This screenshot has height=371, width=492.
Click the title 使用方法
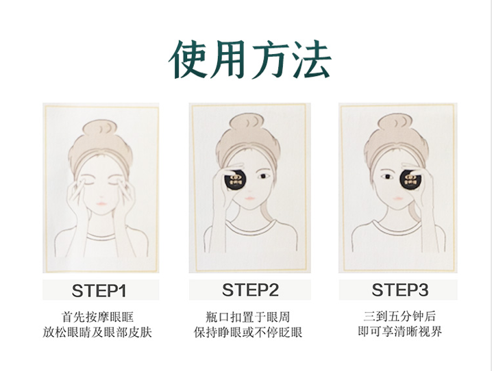[250, 60]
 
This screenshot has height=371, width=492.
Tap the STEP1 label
[99, 290]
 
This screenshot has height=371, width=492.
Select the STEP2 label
[250, 290]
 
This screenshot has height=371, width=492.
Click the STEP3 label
[399, 290]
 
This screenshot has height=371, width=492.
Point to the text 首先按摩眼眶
[98, 317]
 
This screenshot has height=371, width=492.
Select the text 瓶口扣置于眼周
[248, 317]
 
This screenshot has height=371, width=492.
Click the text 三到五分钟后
[399, 316]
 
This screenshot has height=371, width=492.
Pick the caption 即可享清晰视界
[399, 331]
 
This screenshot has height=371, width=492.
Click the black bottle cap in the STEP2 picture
[235, 179]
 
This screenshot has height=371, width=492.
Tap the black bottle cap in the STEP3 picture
[410, 179]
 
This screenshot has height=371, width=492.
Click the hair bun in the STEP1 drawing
[100, 129]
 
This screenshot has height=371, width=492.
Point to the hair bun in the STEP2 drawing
[247, 123]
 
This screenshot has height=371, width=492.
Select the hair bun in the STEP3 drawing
[395, 123]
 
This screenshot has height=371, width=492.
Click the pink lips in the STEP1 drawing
[101, 203]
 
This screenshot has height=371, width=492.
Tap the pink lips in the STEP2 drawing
[249, 198]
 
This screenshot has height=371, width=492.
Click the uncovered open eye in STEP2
[263, 176]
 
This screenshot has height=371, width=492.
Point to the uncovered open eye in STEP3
[387, 177]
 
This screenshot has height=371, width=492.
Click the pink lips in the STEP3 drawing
[398, 198]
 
